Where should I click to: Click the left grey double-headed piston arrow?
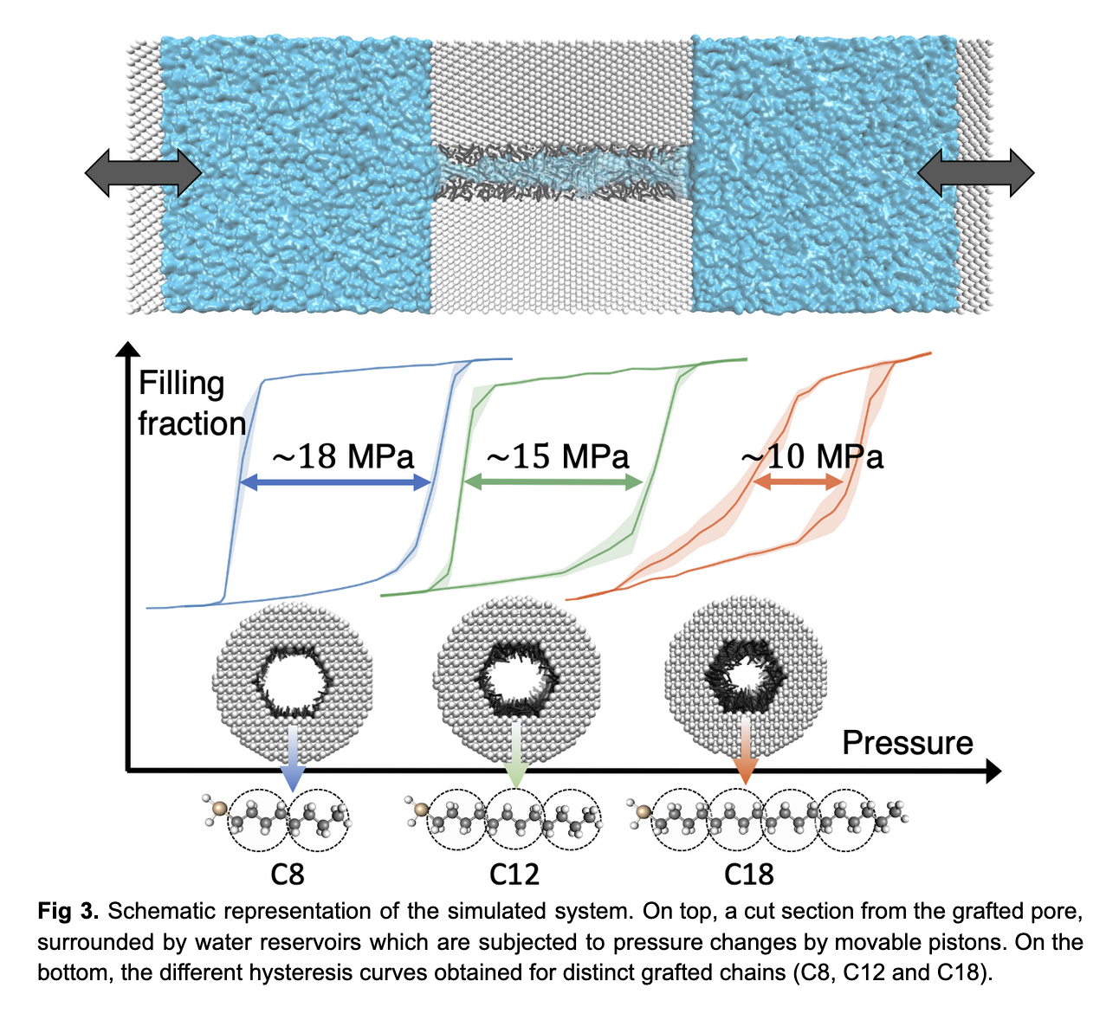143,172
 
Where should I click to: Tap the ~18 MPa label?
344,456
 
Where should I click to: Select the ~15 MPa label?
558,456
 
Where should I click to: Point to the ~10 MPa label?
813,456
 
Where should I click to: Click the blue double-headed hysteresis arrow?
335,483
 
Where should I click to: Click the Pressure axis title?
907,743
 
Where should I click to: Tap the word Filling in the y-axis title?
182,384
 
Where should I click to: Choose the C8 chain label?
288,874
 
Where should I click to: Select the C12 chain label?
514,874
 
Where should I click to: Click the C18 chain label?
748,874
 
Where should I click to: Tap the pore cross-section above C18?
743,671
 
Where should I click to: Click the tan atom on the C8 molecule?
220,809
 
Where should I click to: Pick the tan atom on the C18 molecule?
644,811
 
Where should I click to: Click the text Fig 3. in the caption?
68,911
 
